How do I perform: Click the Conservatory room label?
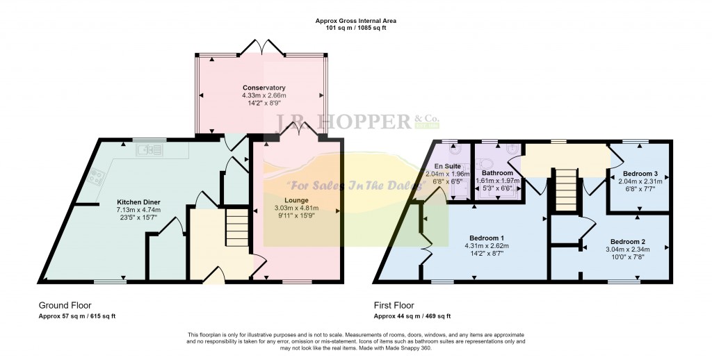click(x=264, y=88)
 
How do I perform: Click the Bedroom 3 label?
click(x=639, y=173)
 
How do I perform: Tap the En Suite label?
click(x=447, y=166)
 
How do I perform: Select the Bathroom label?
click(x=497, y=173)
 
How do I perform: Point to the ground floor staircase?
click(x=236, y=229)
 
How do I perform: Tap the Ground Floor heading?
click(x=65, y=305)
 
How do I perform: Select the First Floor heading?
click(x=394, y=305)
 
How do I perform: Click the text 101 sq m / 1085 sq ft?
click(x=356, y=28)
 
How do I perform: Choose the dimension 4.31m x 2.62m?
click(x=487, y=246)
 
